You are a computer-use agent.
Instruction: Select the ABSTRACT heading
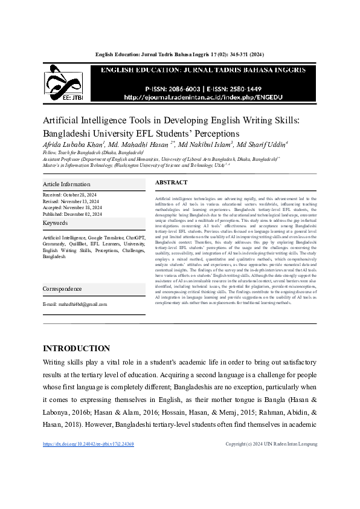pyautogui.click(x=172, y=182)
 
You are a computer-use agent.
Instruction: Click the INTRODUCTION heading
pyautogui.click(x=76, y=348)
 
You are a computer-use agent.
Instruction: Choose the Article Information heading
pyautogui.click(x=66, y=184)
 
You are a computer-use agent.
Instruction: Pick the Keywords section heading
pyautogui.click(x=55, y=223)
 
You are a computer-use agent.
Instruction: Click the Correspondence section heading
pyautogui.click(x=62, y=289)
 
